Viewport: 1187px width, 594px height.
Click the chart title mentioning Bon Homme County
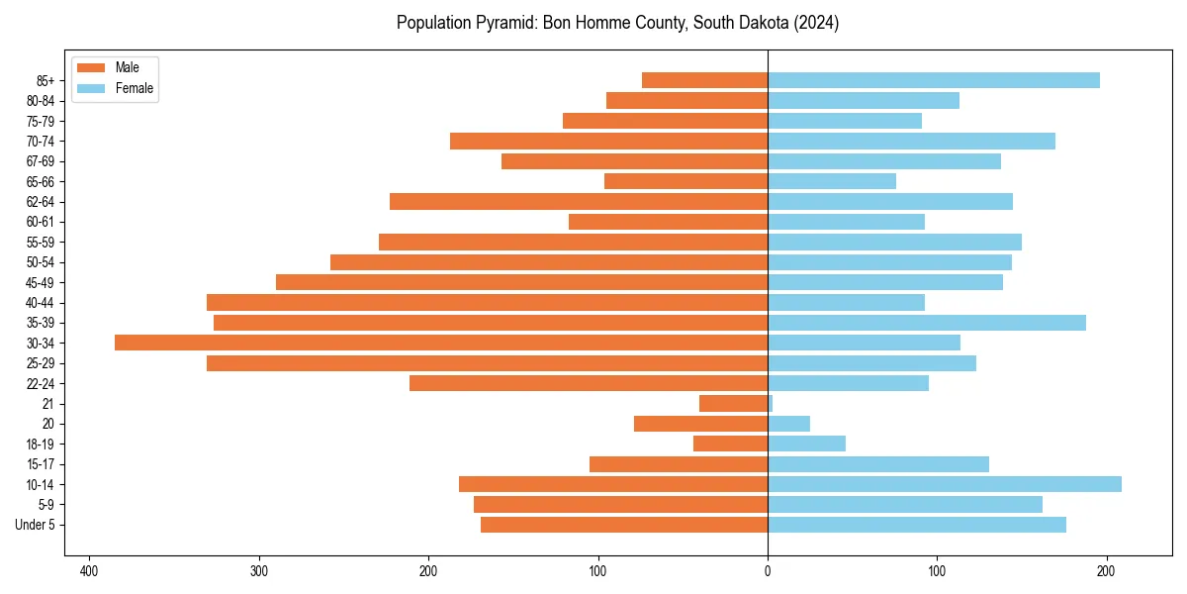click(x=617, y=23)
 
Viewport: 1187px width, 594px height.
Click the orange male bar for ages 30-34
click(x=441, y=343)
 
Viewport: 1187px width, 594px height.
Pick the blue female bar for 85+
click(x=933, y=80)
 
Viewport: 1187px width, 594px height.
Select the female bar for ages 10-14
click(x=944, y=484)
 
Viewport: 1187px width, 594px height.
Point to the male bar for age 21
click(x=733, y=404)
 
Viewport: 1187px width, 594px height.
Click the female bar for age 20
click(x=788, y=424)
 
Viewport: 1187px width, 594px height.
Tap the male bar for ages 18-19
click(x=730, y=444)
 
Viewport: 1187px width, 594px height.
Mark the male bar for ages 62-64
click(x=579, y=202)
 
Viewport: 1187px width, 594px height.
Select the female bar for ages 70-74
click(x=911, y=141)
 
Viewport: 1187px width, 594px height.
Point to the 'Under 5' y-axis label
click(x=35, y=525)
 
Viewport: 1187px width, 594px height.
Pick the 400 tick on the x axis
click(x=89, y=571)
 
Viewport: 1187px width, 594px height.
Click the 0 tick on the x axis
click(x=768, y=571)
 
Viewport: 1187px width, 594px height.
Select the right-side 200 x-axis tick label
click(x=1107, y=571)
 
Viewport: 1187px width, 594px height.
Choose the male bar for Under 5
click(x=624, y=525)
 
